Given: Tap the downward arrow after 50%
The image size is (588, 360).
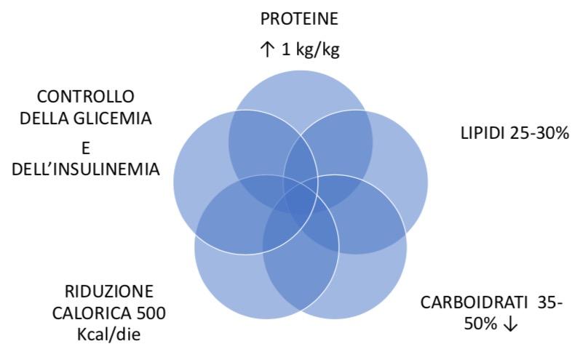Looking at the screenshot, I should pyautogui.click(x=511, y=324).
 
